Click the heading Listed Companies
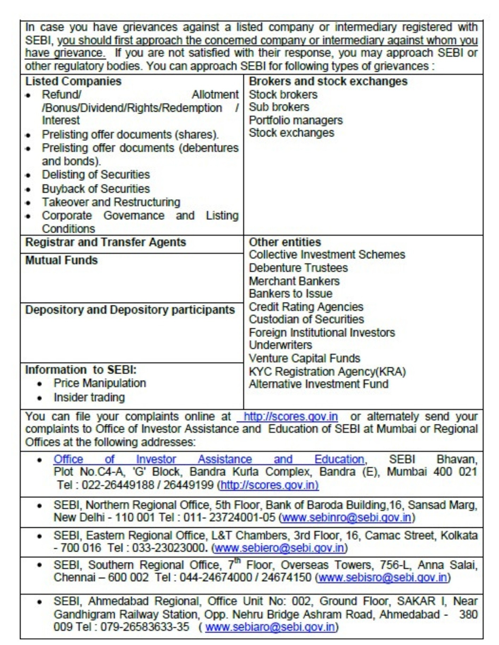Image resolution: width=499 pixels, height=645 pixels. (x=73, y=81)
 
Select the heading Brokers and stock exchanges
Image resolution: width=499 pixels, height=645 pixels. (x=328, y=81)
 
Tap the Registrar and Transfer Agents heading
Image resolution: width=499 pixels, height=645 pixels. (x=106, y=242)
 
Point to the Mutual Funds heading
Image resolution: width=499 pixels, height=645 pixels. (x=61, y=260)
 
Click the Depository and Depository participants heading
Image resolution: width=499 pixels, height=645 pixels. (x=130, y=310)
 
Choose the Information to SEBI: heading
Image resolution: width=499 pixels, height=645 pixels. (x=81, y=370)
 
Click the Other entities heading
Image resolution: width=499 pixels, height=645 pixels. (x=285, y=242)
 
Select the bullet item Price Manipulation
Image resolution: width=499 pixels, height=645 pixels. (x=100, y=383)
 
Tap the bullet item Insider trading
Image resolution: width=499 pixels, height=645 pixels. (x=89, y=397)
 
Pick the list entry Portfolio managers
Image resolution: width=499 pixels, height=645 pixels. (x=296, y=120)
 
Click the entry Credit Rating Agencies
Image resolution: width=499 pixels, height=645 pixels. (x=306, y=307)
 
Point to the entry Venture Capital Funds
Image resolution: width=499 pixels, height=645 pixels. (x=304, y=358)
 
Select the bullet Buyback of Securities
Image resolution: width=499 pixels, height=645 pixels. (x=96, y=189)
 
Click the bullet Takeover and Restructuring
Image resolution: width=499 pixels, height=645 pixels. (x=111, y=202)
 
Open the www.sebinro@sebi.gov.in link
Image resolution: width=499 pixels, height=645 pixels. (x=347, y=517)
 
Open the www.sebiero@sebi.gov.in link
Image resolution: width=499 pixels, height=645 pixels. (x=279, y=548)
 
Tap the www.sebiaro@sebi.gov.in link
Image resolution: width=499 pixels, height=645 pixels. (x=270, y=627)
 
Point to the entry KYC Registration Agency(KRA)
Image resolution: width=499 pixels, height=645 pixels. (x=327, y=372)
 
